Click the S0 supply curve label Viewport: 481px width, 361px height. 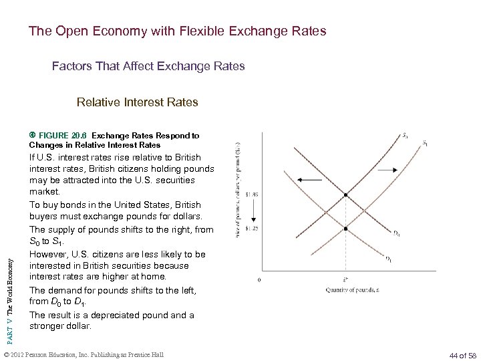coord(405,136)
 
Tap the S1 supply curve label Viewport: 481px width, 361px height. coord(426,143)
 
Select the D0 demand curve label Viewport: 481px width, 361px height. coord(396,233)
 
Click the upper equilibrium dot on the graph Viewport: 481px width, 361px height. coord(345,195)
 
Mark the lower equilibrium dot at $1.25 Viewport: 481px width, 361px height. coord(345,229)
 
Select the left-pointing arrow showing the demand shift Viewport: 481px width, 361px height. coord(307,179)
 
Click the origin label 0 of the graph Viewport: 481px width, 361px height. coord(259,279)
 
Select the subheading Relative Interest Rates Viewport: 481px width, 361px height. coord(137,102)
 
